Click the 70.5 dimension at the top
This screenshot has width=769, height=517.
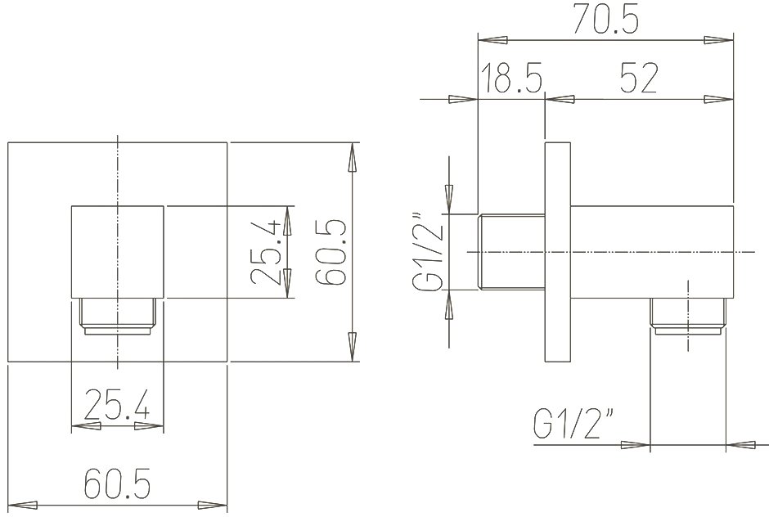pos(607,20)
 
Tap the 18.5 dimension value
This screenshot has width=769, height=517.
pos(512,78)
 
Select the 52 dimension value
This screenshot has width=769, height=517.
pos(639,78)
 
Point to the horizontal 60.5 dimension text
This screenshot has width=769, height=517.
pos(117,483)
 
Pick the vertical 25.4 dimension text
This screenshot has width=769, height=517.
pos(265,252)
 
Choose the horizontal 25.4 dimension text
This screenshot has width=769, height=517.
pos(117,403)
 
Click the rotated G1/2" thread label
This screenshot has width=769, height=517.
pos(428,252)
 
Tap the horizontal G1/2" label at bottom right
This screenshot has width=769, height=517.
pos(573,422)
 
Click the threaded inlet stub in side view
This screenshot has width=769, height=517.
pos(511,252)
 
